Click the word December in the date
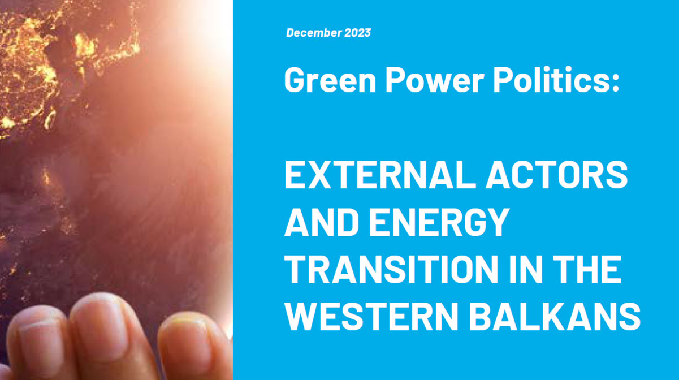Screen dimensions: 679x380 313,33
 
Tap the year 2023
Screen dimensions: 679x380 357,33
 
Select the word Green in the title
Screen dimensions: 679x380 330,80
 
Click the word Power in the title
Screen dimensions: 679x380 435,80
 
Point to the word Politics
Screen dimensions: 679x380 551,79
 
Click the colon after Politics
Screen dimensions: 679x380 615,83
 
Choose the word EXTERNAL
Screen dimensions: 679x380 380,175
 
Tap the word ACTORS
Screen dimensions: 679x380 556,175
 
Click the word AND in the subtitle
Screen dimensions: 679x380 322,222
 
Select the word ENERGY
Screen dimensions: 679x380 439,222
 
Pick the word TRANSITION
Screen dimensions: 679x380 392,270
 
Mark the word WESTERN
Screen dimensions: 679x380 371,317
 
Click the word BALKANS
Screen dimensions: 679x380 555,317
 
